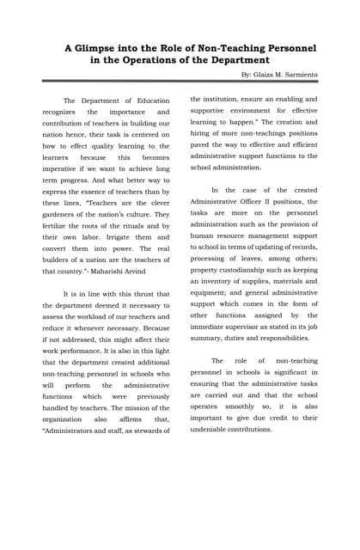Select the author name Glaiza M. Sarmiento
coord(286,75)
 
